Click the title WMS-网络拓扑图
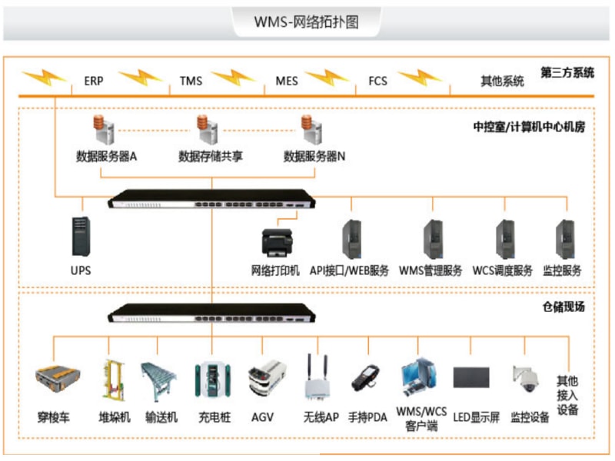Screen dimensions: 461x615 tap(307, 22)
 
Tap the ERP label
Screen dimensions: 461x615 tap(94, 81)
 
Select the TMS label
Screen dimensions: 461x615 tap(191, 81)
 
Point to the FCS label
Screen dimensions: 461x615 tap(377, 81)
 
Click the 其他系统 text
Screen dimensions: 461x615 tap(502, 81)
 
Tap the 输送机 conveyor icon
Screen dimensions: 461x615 tap(159, 381)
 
